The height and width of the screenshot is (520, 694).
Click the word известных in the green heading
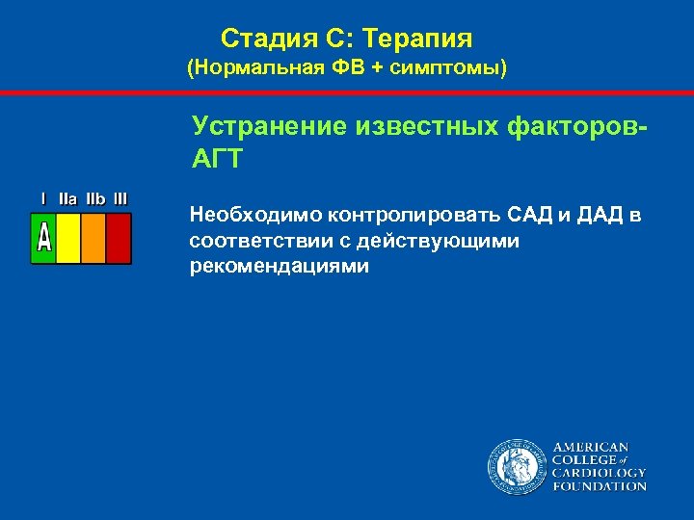click(423, 126)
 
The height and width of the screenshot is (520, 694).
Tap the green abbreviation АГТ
click(217, 159)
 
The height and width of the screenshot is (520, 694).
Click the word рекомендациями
click(280, 267)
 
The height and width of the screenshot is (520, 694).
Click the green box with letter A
click(43, 238)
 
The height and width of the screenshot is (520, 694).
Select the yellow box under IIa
click(68, 238)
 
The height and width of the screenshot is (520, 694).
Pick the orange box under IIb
click(93, 238)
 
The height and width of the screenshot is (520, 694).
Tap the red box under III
click(118, 238)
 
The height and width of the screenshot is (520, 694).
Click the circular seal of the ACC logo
click(515, 467)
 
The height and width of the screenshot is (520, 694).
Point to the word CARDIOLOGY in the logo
click(599, 474)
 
